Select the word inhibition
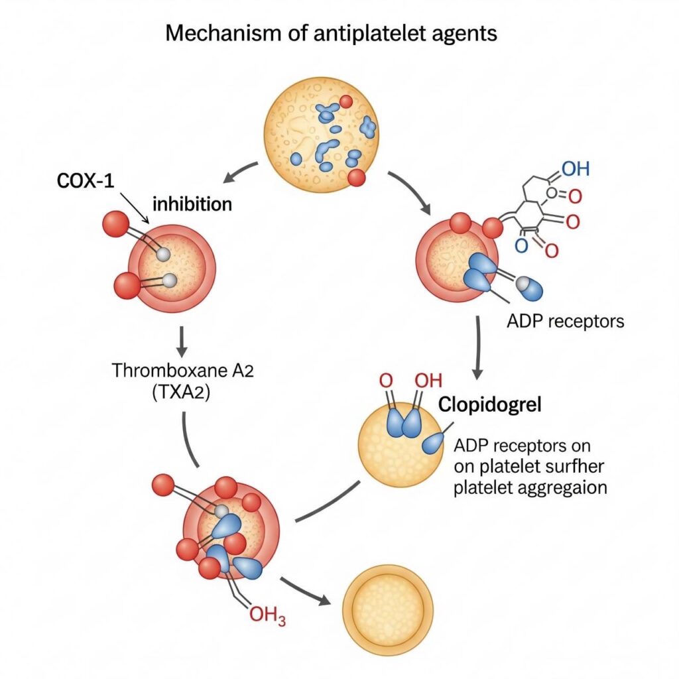pos(192,204)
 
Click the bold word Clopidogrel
pos(490,405)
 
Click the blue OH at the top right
pos(575,168)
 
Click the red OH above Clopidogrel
pos(428,381)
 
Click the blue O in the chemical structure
pos(521,246)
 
